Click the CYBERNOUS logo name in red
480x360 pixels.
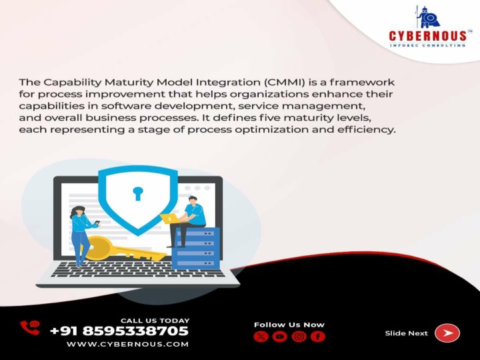(x=427, y=35)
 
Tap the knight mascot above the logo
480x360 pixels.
(x=428, y=17)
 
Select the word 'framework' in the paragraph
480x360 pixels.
(x=362, y=82)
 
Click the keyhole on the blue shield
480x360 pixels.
(x=138, y=193)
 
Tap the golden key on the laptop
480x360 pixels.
(x=123, y=249)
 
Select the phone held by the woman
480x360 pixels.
(x=97, y=223)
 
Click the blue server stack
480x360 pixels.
(x=195, y=248)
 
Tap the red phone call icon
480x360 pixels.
(x=30, y=327)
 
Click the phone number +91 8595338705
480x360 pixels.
(x=119, y=331)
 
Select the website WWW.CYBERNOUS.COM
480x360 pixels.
(x=127, y=344)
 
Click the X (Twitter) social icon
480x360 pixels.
(x=261, y=337)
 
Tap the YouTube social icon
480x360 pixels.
(x=280, y=337)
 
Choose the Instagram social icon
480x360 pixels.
(x=299, y=337)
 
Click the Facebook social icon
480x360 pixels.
(x=318, y=337)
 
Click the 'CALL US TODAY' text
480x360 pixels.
(x=155, y=321)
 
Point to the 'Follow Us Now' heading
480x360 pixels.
(x=289, y=325)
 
